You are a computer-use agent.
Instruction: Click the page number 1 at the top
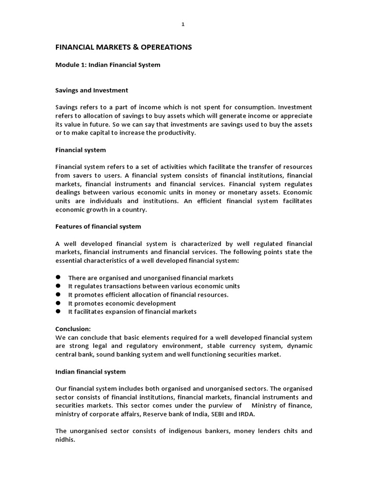tap(183, 25)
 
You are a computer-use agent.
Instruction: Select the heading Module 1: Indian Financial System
tap(108, 65)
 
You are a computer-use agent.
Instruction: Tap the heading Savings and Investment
tap(92, 90)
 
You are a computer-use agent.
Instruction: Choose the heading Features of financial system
tap(98, 226)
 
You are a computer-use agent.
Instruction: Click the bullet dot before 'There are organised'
tap(58, 277)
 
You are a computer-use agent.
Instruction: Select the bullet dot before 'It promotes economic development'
tap(58, 303)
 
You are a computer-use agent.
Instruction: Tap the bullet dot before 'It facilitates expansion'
tap(58, 312)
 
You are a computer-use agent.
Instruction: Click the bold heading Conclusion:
tap(73, 329)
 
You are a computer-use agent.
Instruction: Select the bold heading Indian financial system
tap(90, 371)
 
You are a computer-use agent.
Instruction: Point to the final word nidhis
tap(65, 440)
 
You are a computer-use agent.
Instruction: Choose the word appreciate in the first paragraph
tap(295, 116)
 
